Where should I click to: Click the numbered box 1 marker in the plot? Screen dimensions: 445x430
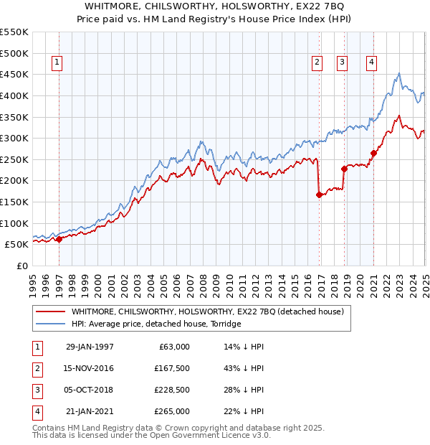[57, 62]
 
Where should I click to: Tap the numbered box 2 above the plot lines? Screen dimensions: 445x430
[317, 62]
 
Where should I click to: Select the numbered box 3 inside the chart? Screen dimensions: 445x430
[342, 62]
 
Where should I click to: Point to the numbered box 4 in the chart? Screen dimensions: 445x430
[372, 62]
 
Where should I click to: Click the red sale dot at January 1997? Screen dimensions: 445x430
[59, 240]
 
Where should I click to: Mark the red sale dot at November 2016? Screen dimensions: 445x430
[319, 195]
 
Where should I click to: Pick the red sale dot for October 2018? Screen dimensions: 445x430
[344, 169]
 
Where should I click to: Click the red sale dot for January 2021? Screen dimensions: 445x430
[374, 153]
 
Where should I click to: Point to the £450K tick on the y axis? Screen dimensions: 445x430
[14, 74]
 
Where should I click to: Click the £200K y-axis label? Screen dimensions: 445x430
[14, 181]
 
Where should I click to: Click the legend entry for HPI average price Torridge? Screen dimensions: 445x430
[156, 324]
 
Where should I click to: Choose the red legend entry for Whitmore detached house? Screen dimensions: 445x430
[208, 311]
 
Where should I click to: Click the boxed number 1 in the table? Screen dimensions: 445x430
[36, 347]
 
